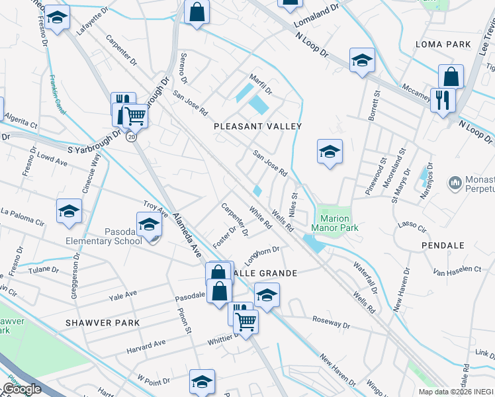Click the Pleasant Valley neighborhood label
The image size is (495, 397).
click(257, 126)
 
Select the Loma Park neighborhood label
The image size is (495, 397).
click(443, 44)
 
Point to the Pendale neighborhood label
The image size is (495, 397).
click(443, 245)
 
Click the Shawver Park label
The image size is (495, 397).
click(103, 323)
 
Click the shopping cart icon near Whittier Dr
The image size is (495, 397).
click(246, 322)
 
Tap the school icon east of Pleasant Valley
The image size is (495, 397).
click(330, 152)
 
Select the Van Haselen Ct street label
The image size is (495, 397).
click(457, 270)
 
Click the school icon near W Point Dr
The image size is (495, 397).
click(202, 380)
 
